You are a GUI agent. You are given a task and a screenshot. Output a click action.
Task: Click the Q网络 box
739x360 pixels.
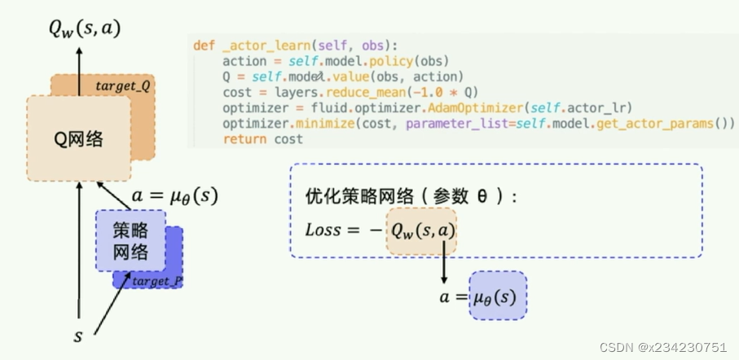coord(77,138)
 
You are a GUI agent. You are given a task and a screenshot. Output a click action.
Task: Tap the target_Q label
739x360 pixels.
coord(122,86)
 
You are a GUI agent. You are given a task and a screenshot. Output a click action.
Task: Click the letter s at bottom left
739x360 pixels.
coord(79,335)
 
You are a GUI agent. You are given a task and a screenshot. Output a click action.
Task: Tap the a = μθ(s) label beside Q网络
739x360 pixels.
coord(174,196)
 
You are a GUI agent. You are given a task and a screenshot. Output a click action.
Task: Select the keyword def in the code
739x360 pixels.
coord(204,44)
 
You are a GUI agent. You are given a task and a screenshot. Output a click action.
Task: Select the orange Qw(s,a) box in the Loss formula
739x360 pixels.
coord(421,230)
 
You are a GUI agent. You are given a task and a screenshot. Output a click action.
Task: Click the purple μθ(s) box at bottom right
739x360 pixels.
coord(497,296)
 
